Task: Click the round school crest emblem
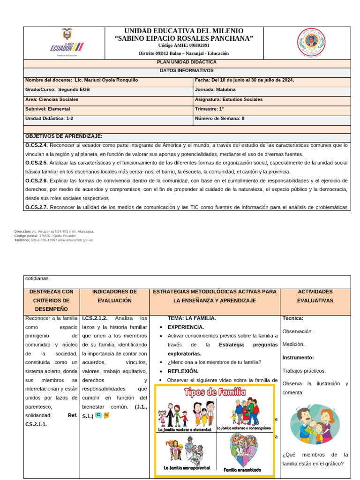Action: [310, 44]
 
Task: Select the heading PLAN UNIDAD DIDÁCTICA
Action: [186, 62]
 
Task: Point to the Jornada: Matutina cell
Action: [215, 90]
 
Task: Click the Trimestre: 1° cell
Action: [209, 109]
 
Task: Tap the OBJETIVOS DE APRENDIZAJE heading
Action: [64, 136]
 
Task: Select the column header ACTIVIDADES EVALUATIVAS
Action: [315, 296]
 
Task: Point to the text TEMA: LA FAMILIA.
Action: [191, 318]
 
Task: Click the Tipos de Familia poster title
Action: [215, 393]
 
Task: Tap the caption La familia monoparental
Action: [187, 468]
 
